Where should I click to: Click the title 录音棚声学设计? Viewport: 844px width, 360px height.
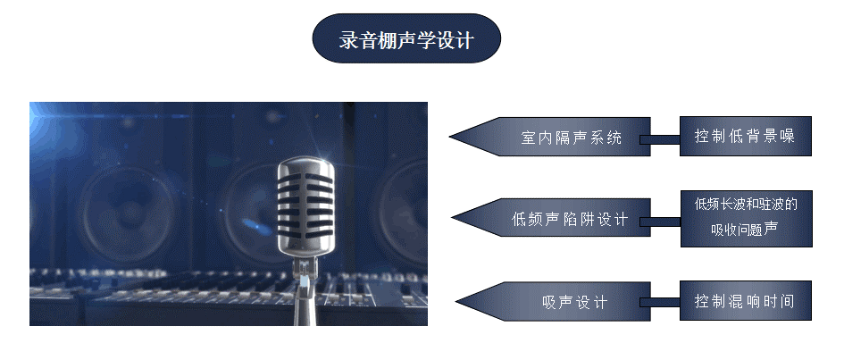[x=406, y=38]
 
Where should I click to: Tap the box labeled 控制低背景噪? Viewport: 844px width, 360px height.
[x=745, y=136]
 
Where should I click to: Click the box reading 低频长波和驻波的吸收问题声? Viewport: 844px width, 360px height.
[x=746, y=219]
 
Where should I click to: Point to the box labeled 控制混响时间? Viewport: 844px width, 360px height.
[x=745, y=300]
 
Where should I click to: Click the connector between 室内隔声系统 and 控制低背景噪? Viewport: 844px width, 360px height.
[x=660, y=140]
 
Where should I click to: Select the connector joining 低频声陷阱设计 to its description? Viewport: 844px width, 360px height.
[x=660, y=222]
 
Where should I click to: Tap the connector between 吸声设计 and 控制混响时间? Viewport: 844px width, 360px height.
[x=660, y=303]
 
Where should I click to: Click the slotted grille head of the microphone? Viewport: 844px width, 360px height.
[x=305, y=205]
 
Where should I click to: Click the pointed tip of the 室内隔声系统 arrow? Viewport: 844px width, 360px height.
[x=450, y=136]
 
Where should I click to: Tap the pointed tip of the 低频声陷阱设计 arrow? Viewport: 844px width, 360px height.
[x=453, y=218]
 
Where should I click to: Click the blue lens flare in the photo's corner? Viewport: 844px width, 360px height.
[x=40, y=116]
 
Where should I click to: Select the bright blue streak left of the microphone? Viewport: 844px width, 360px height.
[x=256, y=227]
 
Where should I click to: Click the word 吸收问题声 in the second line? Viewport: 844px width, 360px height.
[x=745, y=230]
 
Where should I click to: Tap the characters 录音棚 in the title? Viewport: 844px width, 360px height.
[x=366, y=40]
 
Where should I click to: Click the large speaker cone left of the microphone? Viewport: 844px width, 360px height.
[x=130, y=213]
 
